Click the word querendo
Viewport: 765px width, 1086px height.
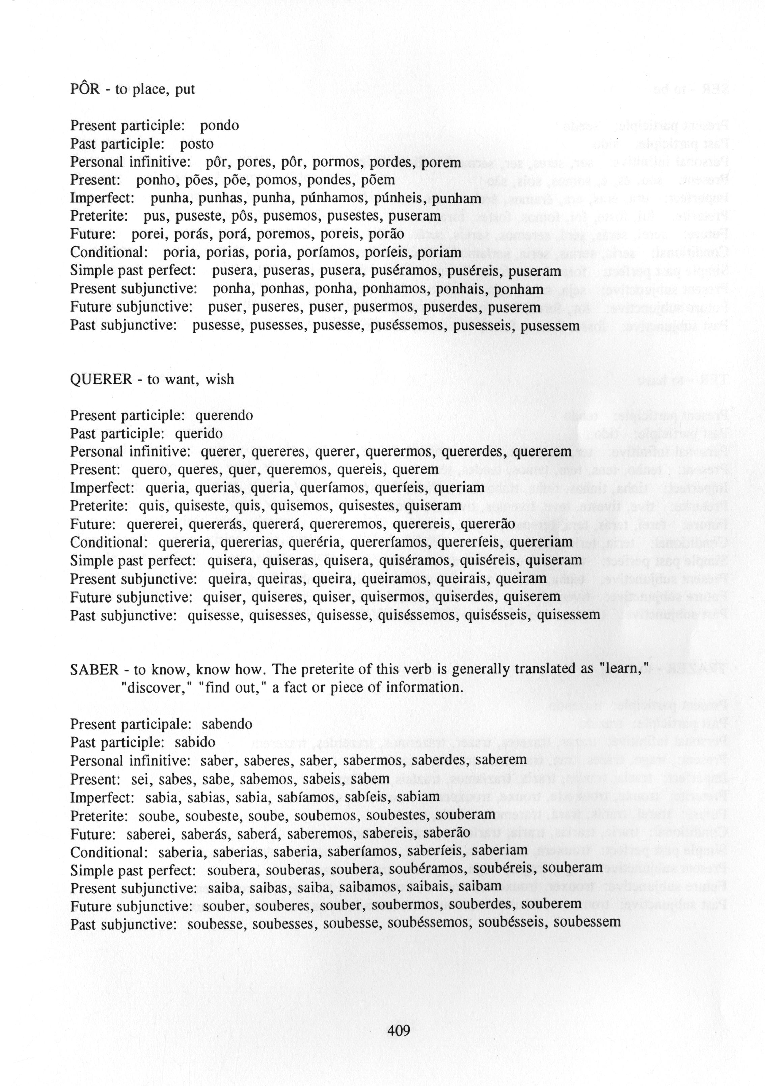point(224,416)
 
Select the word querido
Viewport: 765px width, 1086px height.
point(198,434)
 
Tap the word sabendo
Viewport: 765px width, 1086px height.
point(227,724)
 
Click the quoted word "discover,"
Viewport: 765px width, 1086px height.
point(155,687)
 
